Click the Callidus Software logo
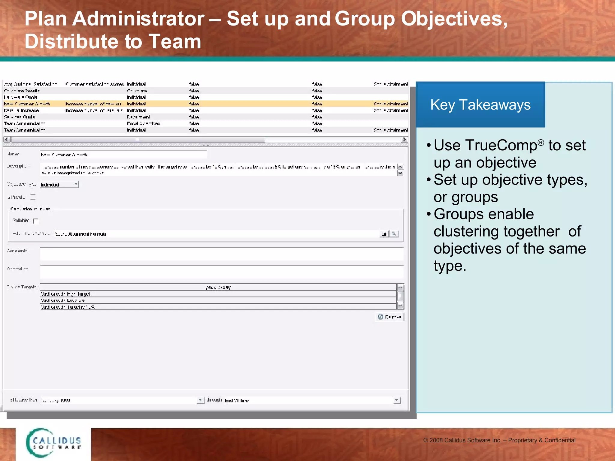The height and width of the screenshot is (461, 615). point(53,443)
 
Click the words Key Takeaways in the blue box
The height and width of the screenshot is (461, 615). point(480,105)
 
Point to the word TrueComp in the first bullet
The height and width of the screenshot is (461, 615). point(485,146)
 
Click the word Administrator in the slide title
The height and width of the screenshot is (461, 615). point(138,19)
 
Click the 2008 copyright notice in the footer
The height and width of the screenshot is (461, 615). point(499,440)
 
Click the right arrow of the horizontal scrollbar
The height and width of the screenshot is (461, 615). point(404,140)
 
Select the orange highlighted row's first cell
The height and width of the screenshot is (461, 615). point(27,104)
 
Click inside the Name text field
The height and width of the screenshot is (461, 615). point(123,155)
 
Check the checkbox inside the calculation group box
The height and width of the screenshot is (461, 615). point(35,221)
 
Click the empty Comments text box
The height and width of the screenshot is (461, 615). point(222,254)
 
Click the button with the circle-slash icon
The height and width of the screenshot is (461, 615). point(389,317)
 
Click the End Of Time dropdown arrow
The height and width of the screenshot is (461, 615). point(397,400)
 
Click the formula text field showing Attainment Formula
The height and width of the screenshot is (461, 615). point(216,234)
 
